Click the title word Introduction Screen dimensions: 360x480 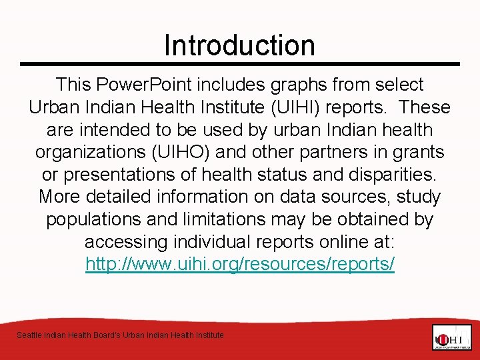239,45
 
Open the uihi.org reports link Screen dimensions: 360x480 240,264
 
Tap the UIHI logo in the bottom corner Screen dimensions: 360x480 451,337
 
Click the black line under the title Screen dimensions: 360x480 240,64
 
